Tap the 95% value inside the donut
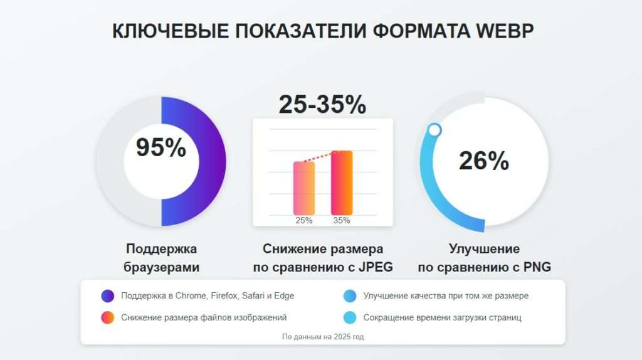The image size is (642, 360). coord(161,148)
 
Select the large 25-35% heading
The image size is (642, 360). coord(322,104)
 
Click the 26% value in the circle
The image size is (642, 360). coord(483,161)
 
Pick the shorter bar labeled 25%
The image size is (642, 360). coord(304,188)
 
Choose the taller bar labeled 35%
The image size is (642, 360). coord(342,183)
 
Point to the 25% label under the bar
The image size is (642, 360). coord(304,221)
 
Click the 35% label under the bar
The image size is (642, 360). coord(342,221)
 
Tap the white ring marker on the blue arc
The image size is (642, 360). coord(434,130)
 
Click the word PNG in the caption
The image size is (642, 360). coord(539,267)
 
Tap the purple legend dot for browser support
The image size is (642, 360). coord(107,296)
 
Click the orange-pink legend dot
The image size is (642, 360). coord(107,317)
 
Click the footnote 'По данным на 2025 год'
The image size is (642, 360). coord(323,337)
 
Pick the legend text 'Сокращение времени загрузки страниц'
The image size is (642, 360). coord(442,317)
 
